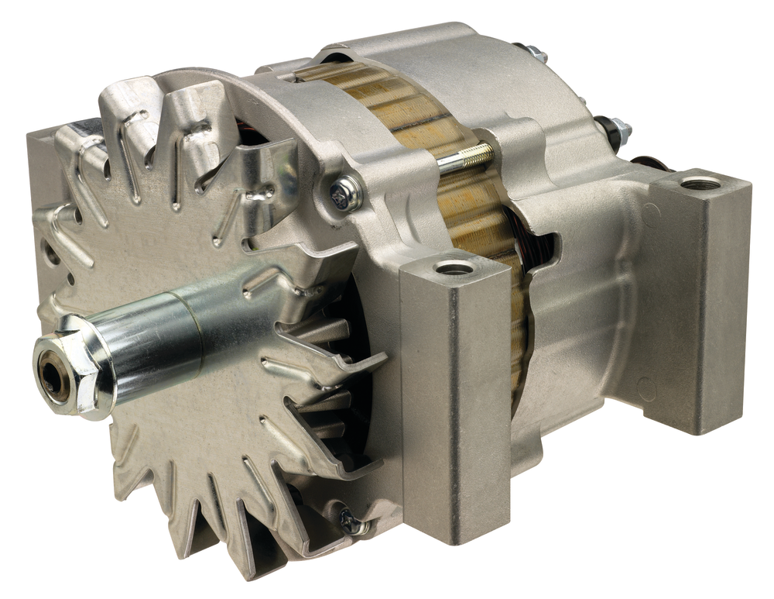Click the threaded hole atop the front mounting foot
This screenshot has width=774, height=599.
click(x=454, y=268)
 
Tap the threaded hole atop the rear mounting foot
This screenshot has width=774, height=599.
click(x=700, y=184)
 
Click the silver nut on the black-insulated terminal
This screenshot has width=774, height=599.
click(x=619, y=129)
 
